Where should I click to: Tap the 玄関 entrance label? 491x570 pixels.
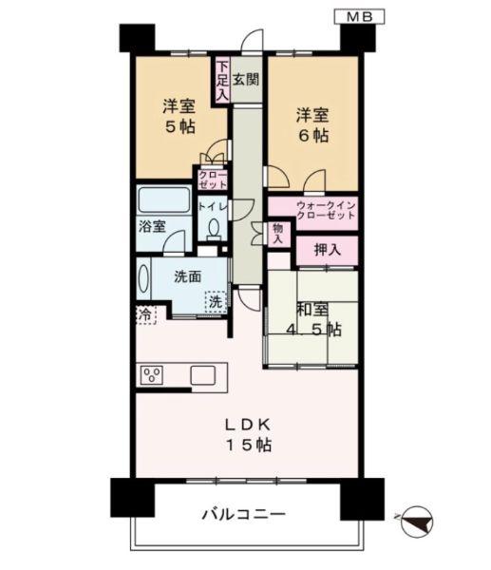pyautogui.click(x=246, y=81)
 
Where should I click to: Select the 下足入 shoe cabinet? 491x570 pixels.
pyautogui.click(x=221, y=81)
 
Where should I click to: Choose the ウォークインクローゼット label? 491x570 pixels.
pyautogui.click(x=313, y=209)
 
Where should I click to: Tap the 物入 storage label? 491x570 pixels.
pyautogui.click(x=276, y=234)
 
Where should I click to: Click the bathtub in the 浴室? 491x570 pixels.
pyautogui.click(x=163, y=200)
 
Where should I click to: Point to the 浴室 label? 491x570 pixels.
pyautogui.click(x=151, y=227)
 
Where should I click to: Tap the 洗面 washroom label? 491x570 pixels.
pyautogui.click(x=187, y=277)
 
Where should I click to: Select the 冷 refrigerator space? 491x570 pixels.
pyautogui.click(x=143, y=312)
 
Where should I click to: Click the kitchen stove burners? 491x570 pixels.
pyautogui.click(x=152, y=374)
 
